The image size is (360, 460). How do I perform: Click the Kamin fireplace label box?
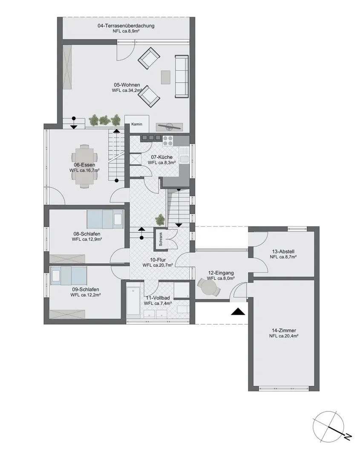coord(137,124)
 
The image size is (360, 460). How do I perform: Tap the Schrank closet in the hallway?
coord(161,239)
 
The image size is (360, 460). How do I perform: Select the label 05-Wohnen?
coord(127,85)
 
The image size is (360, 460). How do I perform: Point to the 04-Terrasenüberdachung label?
coord(126,26)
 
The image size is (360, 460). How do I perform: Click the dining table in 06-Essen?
coord(84,165)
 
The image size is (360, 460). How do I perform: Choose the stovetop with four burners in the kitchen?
coord(168,141)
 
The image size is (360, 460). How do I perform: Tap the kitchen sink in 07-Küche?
coord(184,159)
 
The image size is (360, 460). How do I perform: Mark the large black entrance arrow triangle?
coord(238,311)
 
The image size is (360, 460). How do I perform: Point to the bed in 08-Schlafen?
coord(105,219)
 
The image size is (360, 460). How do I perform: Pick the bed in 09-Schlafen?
coord(69,276)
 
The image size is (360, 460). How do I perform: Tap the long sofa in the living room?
coord(181,76)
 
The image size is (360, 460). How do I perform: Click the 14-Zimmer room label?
coord(284,331)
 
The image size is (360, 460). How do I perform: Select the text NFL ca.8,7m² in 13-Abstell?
coord(283,257)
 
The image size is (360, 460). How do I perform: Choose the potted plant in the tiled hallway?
coord(160,219)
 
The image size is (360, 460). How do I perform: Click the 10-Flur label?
coord(158,260)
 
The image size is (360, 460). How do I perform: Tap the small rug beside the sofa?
coord(165,77)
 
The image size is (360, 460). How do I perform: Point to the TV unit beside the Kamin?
coord(170,127)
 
